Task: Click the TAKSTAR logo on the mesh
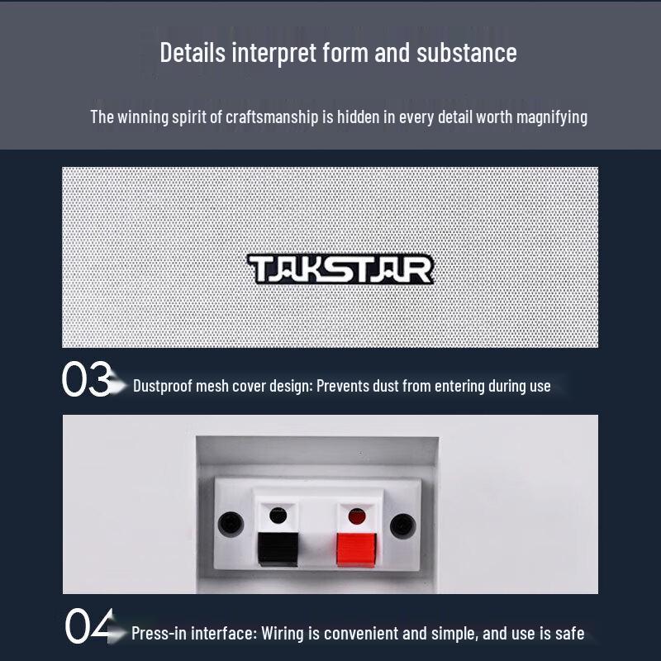(340, 269)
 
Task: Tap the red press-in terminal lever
(354, 549)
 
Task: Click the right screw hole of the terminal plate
(402, 524)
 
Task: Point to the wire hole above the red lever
(356, 516)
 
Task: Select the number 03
(87, 380)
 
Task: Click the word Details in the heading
(193, 53)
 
